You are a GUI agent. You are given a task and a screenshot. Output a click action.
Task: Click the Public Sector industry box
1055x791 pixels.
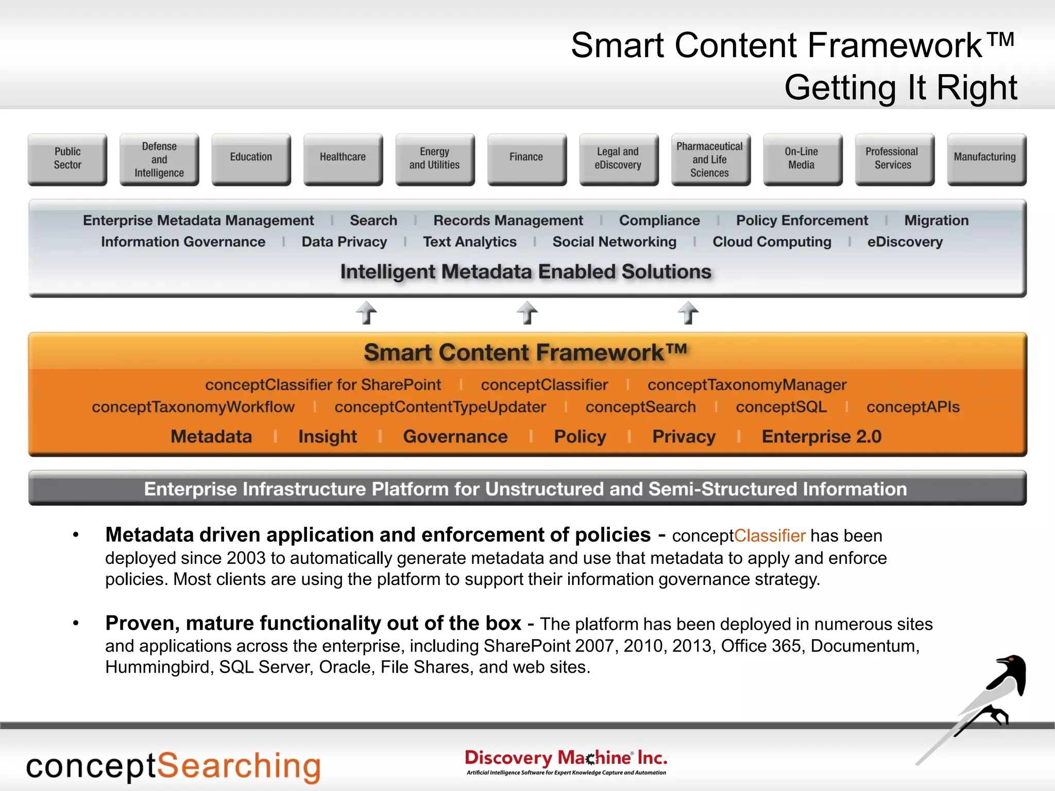tap(67, 159)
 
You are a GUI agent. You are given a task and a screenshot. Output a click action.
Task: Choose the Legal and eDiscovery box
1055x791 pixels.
tap(618, 159)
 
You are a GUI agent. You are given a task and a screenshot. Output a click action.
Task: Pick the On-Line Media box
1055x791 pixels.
tap(802, 159)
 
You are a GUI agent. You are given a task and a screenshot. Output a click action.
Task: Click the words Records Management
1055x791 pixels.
tap(508, 220)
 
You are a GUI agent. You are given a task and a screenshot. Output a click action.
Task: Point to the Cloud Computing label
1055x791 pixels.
tap(772, 242)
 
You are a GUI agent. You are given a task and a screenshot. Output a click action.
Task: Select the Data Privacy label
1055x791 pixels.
tap(344, 242)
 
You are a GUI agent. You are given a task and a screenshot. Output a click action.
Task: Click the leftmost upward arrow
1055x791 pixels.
tap(366, 313)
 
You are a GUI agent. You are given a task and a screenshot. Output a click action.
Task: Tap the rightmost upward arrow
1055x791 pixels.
tap(688, 313)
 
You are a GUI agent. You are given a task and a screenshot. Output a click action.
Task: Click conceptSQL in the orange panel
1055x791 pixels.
tap(781, 407)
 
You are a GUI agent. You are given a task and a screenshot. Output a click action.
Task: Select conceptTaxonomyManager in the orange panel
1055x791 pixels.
tap(747, 385)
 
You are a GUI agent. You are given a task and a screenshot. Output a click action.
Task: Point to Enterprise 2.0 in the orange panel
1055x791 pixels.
tap(822, 437)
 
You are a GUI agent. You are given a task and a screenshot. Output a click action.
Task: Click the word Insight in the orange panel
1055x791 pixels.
tap(328, 437)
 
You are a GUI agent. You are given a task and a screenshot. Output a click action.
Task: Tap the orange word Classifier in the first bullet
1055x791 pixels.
tap(770, 536)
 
